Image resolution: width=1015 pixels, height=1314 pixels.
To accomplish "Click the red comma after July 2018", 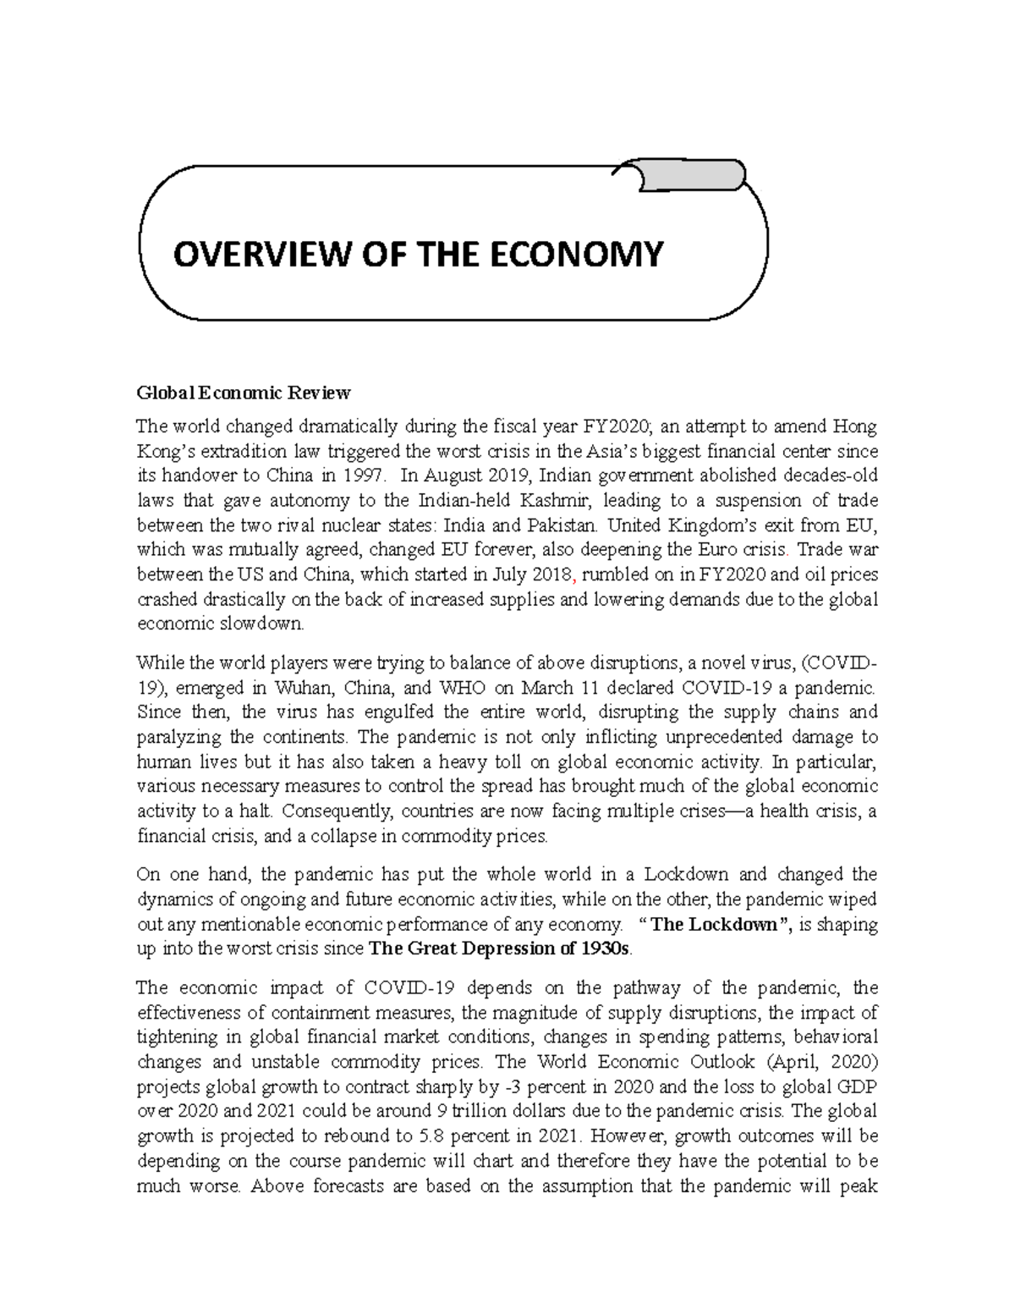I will (x=574, y=575).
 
